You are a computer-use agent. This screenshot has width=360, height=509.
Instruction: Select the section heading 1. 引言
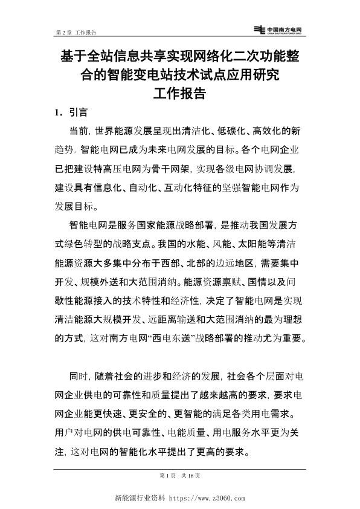(x=71, y=112)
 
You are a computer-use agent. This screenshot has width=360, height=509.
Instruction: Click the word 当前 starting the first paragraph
(x=79, y=131)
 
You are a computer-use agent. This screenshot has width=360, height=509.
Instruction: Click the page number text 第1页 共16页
(x=180, y=476)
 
